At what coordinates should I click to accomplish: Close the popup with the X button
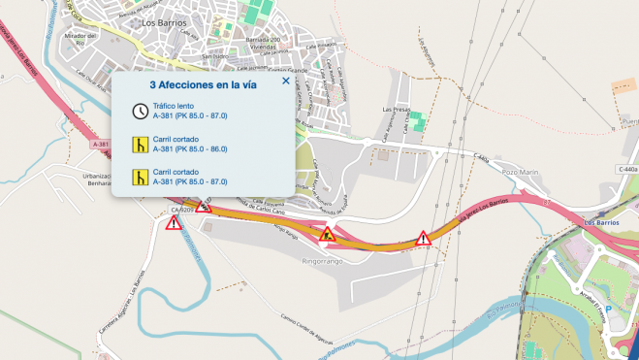[x=285, y=82]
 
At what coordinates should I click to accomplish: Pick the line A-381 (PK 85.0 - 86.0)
[x=190, y=150]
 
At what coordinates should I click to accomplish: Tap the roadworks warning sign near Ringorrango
[x=328, y=233]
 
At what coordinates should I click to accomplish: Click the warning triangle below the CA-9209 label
[x=174, y=224]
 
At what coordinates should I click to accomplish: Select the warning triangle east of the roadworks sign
[x=423, y=238]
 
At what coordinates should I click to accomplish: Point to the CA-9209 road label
[x=181, y=210]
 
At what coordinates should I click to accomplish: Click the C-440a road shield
[x=626, y=169]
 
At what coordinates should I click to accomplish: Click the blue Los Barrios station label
[x=602, y=222]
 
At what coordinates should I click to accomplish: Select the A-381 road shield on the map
[x=101, y=144]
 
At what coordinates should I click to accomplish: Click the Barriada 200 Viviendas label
[x=261, y=42]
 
